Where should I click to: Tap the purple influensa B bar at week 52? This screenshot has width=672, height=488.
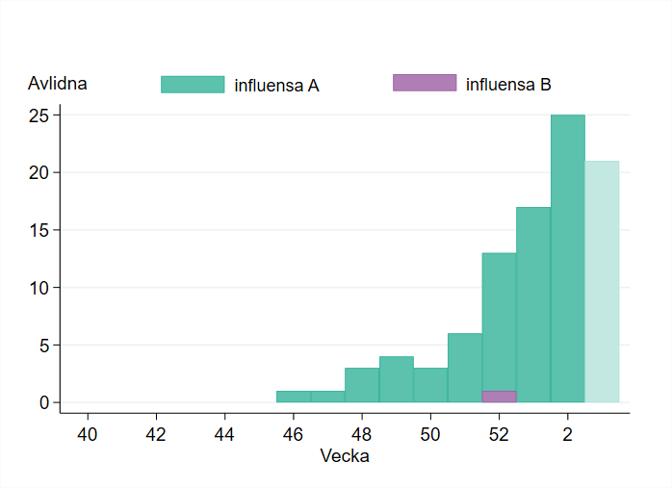click(499, 397)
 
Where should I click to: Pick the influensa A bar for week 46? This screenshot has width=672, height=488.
click(294, 397)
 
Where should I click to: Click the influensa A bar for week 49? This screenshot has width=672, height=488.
click(397, 379)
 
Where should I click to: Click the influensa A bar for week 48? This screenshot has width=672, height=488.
click(362, 385)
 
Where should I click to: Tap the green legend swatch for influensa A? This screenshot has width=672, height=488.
click(193, 85)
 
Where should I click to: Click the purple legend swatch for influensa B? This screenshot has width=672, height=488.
click(425, 83)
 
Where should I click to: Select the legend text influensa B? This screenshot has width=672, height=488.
click(508, 85)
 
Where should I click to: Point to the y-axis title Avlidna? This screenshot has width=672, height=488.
click(58, 84)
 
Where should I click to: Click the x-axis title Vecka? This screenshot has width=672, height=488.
click(344, 456)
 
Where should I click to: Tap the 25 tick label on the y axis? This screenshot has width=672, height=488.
click(39, 116)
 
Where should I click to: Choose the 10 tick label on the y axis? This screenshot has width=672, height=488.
click(39, 288)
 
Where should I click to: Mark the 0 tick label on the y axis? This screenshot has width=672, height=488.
click(44, 402)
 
